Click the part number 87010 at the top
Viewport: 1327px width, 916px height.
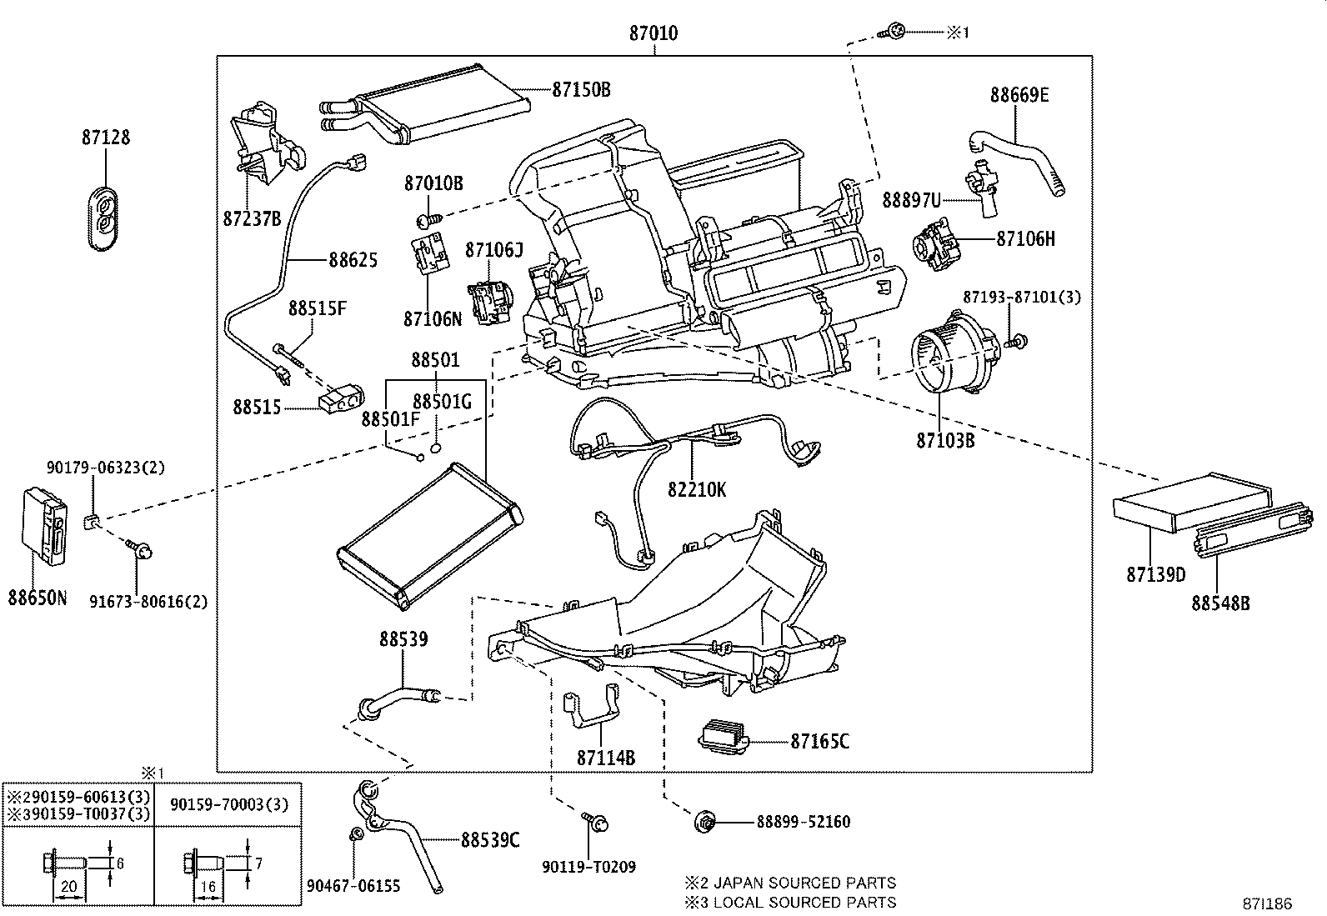653,34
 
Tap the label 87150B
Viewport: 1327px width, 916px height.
581,89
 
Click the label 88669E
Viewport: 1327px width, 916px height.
1019,95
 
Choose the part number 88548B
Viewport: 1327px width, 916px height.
1220,603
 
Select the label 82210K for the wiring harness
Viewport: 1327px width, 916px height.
696,490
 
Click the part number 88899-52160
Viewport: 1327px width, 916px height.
804,822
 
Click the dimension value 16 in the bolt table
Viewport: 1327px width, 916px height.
208,888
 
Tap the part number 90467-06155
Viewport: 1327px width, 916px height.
353,885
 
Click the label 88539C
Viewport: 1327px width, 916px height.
490,840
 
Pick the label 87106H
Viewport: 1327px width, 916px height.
1026,239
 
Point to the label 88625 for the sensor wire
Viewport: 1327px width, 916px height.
353,260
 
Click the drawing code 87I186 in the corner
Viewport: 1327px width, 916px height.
1268,903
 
